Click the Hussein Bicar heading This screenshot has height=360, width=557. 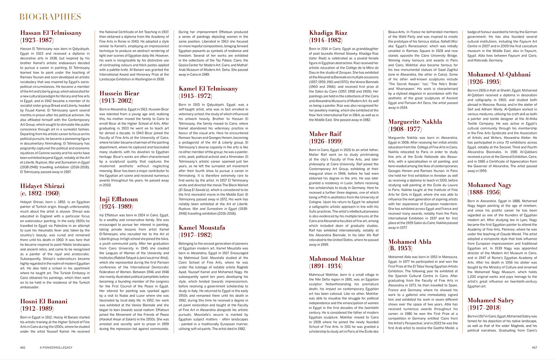coord(119,93)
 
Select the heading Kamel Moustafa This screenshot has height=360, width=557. coord(202,227)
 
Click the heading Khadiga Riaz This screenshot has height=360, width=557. coord(328,33)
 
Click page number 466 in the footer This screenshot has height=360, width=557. coord(22,347)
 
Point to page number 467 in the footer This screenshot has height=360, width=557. coord(534,347)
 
